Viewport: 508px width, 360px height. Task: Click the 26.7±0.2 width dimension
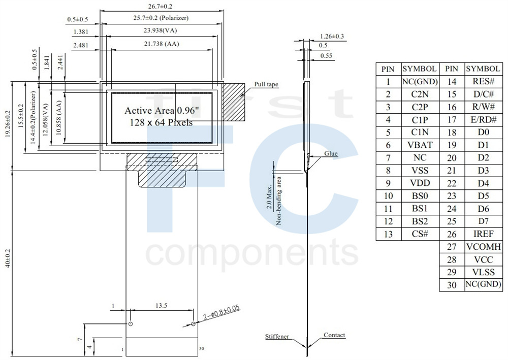click(x=160, y=6)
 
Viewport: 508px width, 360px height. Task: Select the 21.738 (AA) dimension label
click(x=162, y=44)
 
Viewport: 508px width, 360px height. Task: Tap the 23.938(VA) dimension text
click(x=160, y=30)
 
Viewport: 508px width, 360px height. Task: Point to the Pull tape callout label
click(x=266, y=84)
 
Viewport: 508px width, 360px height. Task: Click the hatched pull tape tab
click(x=234, y=102)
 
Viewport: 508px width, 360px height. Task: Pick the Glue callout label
click(x=331, y=153)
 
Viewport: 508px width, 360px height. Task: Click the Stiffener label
click(x=277, y=336)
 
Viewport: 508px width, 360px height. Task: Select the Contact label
click(x=334, y=335)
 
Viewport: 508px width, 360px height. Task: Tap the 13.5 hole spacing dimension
click(x=161, y=306)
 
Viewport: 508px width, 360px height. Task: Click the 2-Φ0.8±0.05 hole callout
click(x=222, y=312)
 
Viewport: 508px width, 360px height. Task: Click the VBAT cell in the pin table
click(x=420, y=145)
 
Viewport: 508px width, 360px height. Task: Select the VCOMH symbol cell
click(x=484, y=247)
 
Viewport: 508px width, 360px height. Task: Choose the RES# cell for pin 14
click(x=484, y=81)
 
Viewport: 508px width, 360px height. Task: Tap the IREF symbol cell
click(x=484, y=234)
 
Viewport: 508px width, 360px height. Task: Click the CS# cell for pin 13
click(x=420, y=234)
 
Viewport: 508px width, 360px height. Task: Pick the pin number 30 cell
click(x=452, y=285)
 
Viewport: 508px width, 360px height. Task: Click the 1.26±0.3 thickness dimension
click(x=332, y=36)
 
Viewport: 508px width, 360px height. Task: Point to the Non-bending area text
click(x=278, y=201)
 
